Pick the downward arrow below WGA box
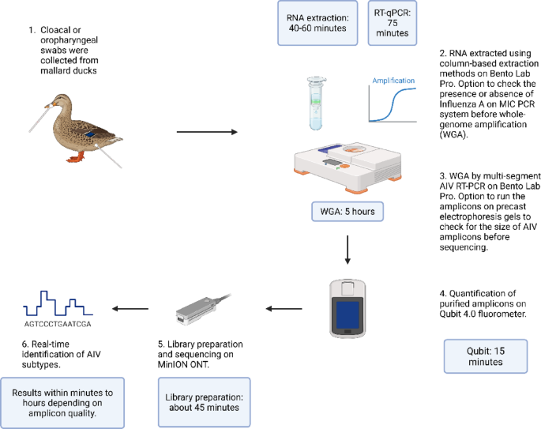click(347, 251)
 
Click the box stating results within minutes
click(62, 402)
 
